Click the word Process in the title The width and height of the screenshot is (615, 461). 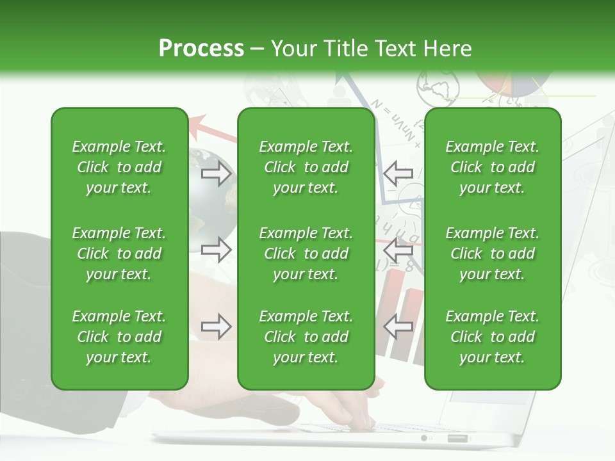click(201, 49)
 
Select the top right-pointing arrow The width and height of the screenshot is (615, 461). click(216, 174)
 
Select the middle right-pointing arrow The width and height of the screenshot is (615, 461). click(216, 249)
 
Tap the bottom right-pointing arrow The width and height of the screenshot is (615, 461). click(216, 327)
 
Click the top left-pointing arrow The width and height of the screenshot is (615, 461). click(398, 173)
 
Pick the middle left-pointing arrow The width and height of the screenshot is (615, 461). click(398, 249)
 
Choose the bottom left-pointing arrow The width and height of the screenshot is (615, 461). click(398, 327)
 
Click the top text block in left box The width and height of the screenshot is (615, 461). click(119, 167)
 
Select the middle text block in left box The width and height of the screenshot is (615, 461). click(119, 254)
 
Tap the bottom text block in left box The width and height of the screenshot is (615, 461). click(119, 337)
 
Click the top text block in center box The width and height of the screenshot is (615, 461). click(306, 167)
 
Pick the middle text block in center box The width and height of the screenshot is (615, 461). click(306, 254)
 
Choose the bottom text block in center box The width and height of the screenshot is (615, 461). click(306, 337)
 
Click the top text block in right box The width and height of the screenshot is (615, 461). click(492, 167)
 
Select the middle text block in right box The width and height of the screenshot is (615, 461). click(492, 254)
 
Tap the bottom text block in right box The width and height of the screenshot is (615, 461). click(492, 337)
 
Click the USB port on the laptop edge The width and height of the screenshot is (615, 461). click(457, 439)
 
